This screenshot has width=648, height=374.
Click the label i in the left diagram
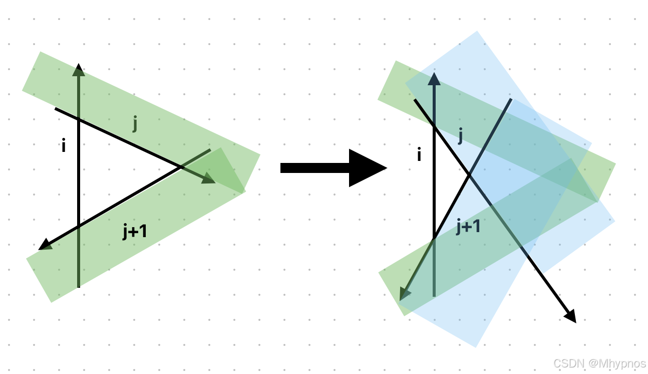click(x=64, y=146)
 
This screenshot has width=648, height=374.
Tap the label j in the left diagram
click(x=135, y=123)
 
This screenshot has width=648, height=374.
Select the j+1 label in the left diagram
click(x=135, y=232)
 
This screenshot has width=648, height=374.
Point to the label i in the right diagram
click(x=419, y=155)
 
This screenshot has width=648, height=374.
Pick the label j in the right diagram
click(x=460, y=135)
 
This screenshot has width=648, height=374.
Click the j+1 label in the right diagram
click(x=468, y=227)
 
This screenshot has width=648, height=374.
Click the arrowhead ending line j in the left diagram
click(x=209, y=178)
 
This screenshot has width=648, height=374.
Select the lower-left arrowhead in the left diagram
click(x=45, y=245)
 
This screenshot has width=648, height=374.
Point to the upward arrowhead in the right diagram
click(x=434, y=79)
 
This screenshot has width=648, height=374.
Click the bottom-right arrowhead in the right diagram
click(x=570, y=316)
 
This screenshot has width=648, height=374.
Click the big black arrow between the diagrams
click(x=333, y=168)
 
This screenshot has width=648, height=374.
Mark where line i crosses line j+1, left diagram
click(x=79, y=226)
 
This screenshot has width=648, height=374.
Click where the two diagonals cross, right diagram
click(x=469, y=174)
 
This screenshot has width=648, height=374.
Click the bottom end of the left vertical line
click(x=79, y=287)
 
